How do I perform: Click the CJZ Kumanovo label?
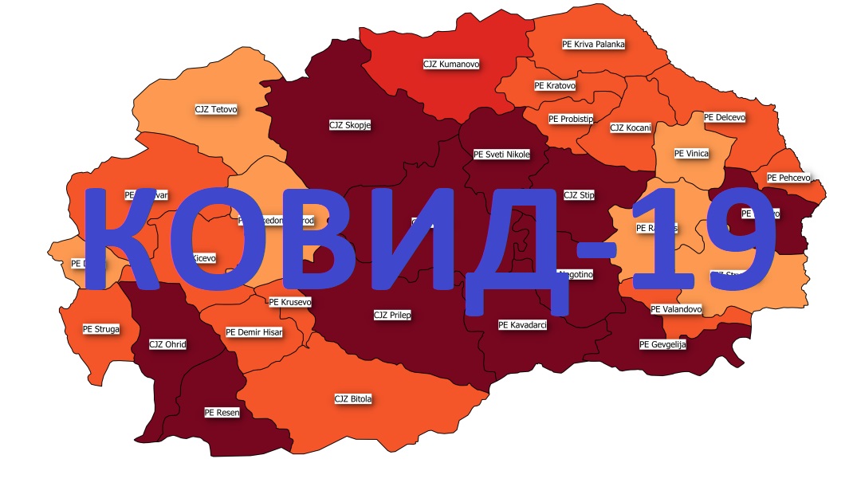451,64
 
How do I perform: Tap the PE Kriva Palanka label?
593,45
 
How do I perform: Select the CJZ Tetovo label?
216,109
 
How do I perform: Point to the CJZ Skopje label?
350,125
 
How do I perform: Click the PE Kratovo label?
555,85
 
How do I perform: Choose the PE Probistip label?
571,119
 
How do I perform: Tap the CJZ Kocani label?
631,127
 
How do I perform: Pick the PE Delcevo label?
725,117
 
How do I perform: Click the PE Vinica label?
691,154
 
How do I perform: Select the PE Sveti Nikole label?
501,155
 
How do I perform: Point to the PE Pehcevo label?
788,178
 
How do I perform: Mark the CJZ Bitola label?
353,398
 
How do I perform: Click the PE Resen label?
222,413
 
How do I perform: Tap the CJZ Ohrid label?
167,345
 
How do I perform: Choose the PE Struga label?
101,328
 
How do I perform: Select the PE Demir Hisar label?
254,332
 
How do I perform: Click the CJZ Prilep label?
392,316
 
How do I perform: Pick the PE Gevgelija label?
662,345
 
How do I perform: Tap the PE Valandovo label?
675,309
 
